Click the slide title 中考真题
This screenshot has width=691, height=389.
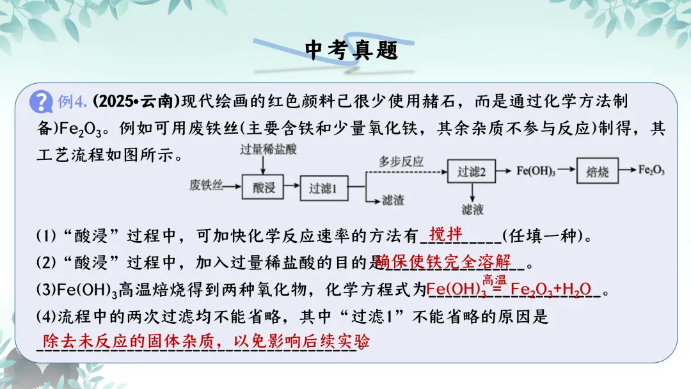coord(351,50)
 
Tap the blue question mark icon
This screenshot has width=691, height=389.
coord(42,101)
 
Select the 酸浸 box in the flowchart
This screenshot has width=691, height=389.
coord(264,187)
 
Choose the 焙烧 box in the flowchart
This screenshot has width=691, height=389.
coord(597,171)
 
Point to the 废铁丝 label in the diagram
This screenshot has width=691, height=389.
coord(206,186)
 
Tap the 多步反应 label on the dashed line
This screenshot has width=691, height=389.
coord(401,161)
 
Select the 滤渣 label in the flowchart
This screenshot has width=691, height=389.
coord(393,200)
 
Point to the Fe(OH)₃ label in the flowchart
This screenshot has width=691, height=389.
coord(536,171)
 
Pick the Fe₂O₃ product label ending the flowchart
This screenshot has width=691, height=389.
coord(651,170)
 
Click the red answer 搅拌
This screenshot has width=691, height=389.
coord(446,234)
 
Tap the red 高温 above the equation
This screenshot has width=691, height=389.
coord(494,279)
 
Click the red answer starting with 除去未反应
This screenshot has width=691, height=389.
coord(205,340)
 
